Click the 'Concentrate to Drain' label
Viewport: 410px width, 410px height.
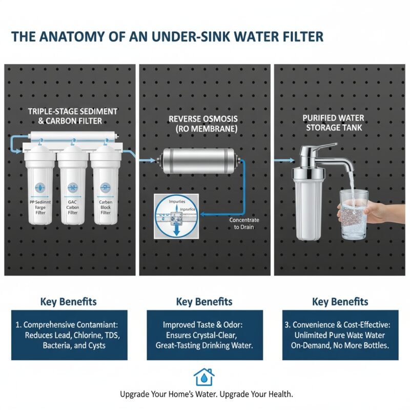pos(244,223)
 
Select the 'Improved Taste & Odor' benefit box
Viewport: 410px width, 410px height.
pos(204,335)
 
